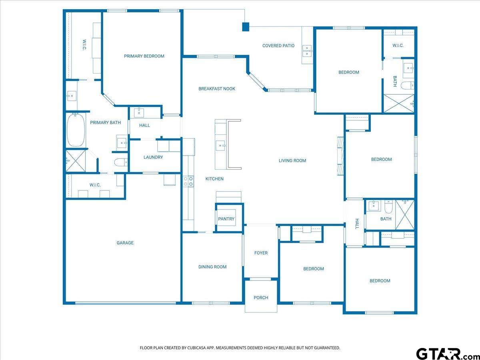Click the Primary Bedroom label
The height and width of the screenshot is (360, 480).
tap(144, 56)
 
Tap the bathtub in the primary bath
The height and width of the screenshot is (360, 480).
tap(76, 130)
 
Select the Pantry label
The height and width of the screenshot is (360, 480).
tap(226, 219)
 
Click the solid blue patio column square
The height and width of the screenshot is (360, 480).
tap(246, 27)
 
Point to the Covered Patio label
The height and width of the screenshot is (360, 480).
tap(278, 46)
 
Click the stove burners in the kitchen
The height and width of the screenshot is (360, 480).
tap(188, 182)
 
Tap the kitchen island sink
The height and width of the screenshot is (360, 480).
tap(221, 145)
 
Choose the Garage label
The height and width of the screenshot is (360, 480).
tap(125, 243)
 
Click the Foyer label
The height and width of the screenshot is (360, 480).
tap(261, 253)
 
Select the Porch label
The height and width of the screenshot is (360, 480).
tap(261, 298)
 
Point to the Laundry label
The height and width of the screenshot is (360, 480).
tap(153, 157)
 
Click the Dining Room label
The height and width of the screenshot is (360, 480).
tap(212, 267)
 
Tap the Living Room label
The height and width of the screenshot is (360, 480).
tap(292, 161)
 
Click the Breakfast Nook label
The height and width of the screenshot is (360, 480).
tap(217, 89)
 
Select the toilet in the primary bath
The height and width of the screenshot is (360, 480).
tap(121, 162)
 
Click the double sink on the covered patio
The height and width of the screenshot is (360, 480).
tap(307, 51)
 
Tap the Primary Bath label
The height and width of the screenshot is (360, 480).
tap(106, 123)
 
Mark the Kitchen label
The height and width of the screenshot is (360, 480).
tap(214, 179)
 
